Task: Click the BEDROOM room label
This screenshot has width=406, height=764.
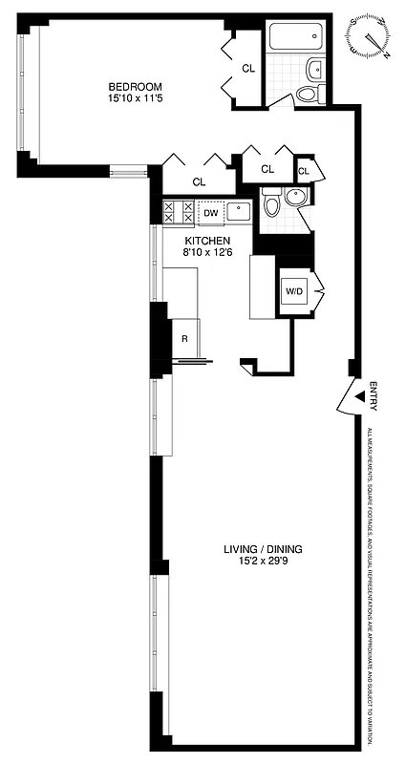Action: point(135,86)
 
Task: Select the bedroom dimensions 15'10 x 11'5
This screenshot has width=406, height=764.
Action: point(135,98)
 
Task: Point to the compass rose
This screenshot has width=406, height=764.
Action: point(369,35)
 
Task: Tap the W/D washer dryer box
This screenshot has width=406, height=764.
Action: point(292,291)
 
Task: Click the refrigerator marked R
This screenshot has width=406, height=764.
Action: point(184,338)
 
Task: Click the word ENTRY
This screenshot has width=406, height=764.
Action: point(374,396)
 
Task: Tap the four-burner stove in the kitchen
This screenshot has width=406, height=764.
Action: point(179,211)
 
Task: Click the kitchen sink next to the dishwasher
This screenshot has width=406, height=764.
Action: point(240,212)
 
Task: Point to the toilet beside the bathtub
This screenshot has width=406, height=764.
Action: point(308,93)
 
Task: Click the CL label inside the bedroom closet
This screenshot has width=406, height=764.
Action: point(247,68)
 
